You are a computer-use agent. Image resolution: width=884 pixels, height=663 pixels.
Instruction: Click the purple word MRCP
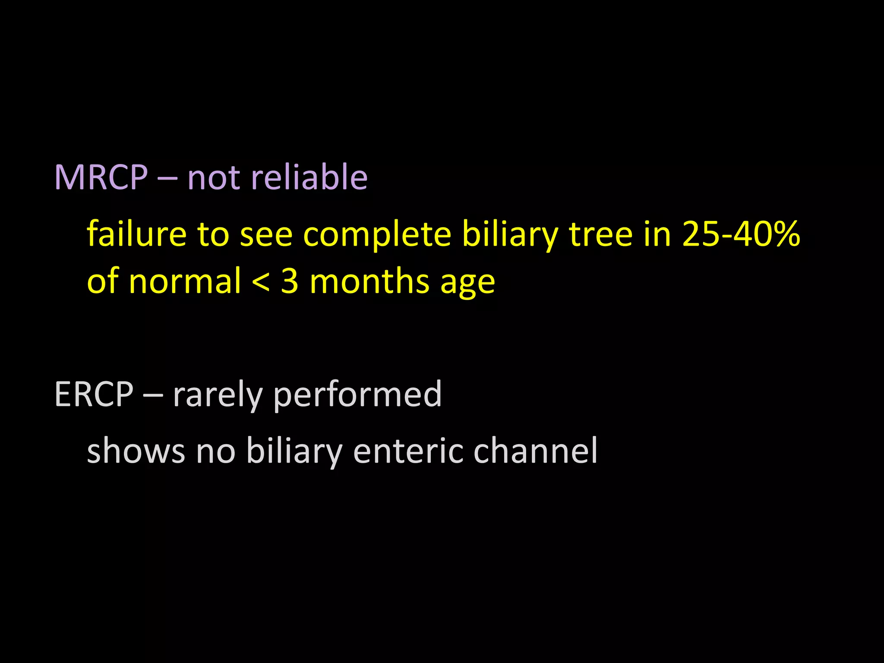coord(101,177)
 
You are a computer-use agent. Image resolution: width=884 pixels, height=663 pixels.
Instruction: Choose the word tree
coord(601,234)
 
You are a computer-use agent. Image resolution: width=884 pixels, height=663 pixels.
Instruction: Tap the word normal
coord(185,281)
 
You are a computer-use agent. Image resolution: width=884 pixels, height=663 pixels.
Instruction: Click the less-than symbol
coord(261,282)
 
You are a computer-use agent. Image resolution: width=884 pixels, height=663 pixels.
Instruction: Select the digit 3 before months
coord(290,281)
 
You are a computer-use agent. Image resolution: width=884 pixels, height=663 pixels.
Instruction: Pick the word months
coord(370,281)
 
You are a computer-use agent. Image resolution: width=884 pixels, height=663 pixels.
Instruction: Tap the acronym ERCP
coord(94,394)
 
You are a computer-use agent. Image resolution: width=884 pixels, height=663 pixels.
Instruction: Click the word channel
coord(535,450)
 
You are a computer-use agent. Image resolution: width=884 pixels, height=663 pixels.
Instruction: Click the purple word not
coord(211,178)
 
